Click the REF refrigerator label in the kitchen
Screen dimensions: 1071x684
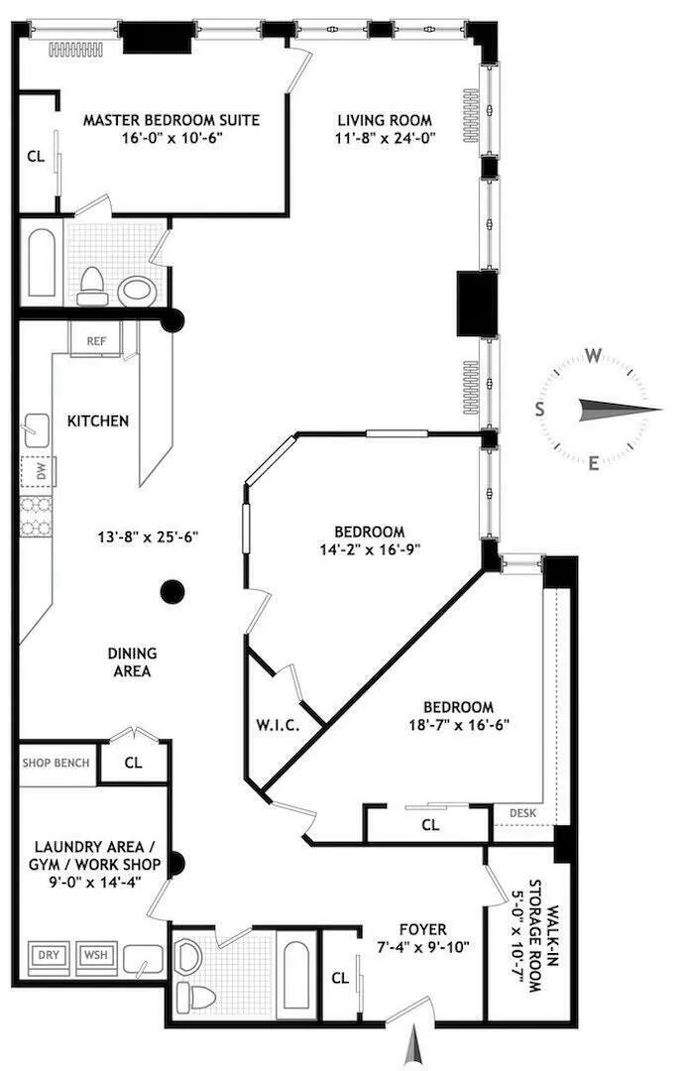tap(96, 340)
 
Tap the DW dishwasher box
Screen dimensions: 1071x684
tap(41, 472)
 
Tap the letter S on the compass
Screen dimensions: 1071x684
tap(540, 409)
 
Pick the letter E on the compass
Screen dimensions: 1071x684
tap(593, 462)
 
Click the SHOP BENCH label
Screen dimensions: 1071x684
tap(56, 763)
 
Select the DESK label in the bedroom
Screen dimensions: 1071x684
tap(522, 812)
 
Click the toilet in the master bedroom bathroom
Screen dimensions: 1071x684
tap(92, 285)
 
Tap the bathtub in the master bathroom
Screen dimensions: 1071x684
tap(43, 265)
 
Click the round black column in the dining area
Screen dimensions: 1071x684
tap(173, 592)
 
